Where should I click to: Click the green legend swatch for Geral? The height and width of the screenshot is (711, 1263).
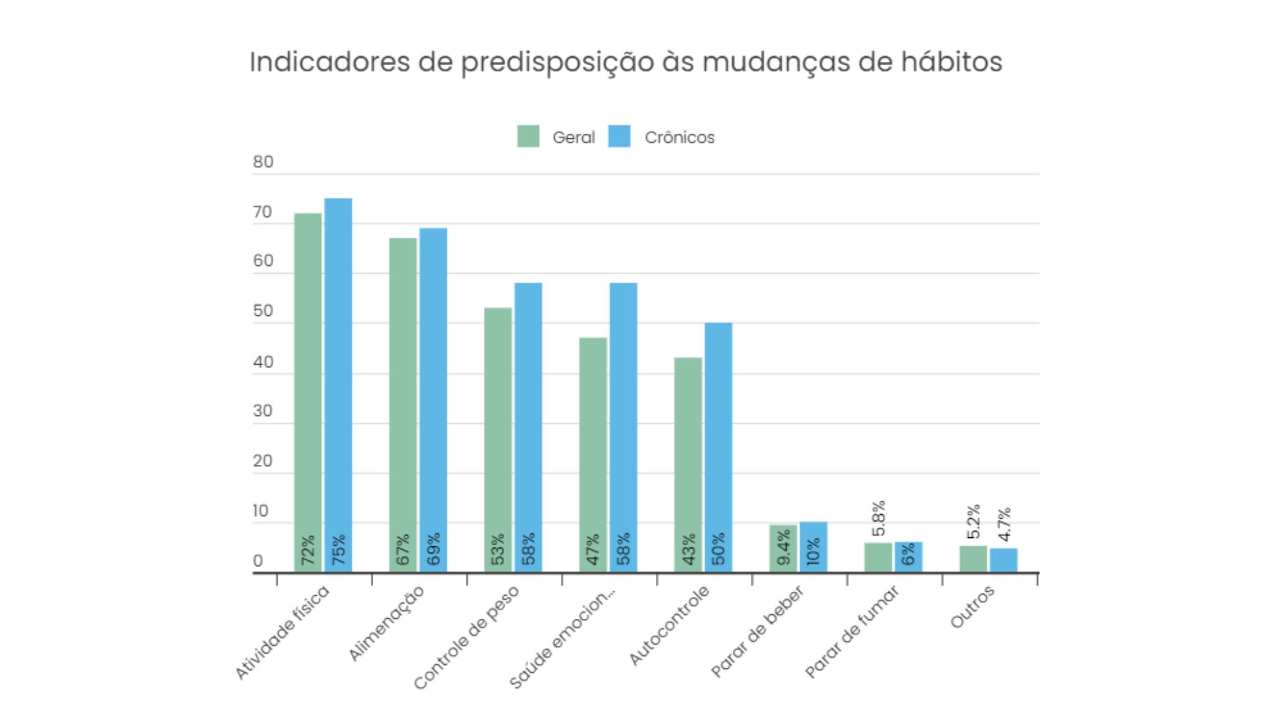click(x=528, y=136)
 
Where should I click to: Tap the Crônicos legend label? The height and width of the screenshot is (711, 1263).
click(x=679, y=138)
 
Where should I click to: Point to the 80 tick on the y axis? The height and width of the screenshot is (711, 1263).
click(x=263, y=162)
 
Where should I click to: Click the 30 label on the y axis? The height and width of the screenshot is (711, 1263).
click(x=263, y=411)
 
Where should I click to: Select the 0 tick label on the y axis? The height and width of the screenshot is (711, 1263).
click(x=258, y=561)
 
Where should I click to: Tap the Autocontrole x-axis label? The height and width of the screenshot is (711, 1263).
click(x=669, y=625)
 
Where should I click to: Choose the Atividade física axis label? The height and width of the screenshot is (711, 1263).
click(x=282, y=632)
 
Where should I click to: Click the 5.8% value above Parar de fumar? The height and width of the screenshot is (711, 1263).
click(x=879, y=518)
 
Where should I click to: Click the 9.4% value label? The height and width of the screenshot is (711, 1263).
click(x=783, y=548)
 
